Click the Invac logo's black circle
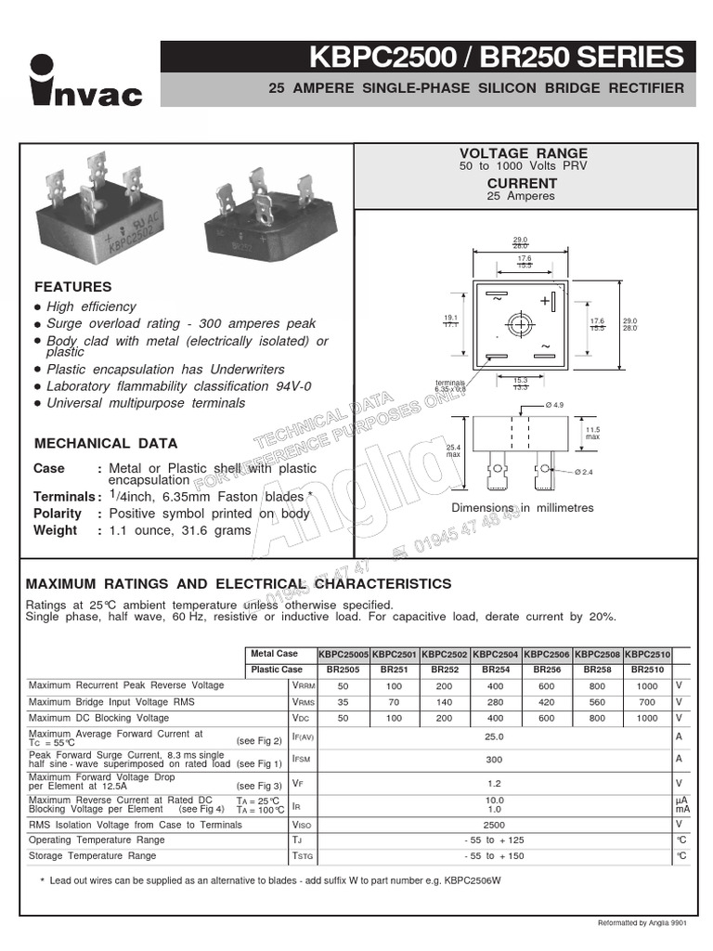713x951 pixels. point(43,68)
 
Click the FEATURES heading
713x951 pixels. point(72,287)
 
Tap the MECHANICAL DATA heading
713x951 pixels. point(105,443)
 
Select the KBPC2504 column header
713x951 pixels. point(496,654)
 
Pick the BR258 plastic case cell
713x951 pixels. point(597,669)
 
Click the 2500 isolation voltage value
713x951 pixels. point(494,825)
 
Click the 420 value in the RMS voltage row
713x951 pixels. point(546,702)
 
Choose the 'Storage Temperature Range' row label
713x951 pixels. point(92,855)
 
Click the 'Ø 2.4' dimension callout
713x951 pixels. point(584,472)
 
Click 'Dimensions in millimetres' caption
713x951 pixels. point(522,508)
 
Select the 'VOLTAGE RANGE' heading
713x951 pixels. point(524,153)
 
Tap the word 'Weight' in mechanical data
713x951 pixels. point(56,530)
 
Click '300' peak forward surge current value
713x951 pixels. point(494,759)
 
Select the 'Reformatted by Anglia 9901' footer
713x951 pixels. point(642,922)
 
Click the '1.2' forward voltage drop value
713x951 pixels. point(494,783)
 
